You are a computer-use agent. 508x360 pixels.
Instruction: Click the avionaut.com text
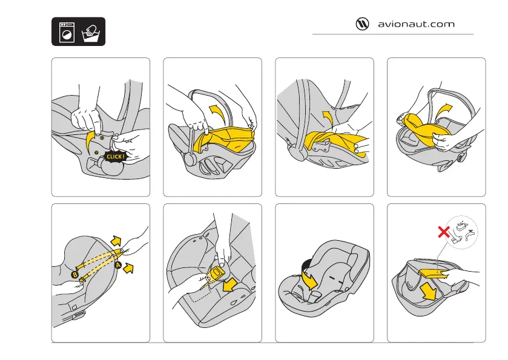coord(416,25)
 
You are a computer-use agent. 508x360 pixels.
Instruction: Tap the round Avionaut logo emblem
coord(362,25)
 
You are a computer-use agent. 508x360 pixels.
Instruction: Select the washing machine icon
coord(65,32)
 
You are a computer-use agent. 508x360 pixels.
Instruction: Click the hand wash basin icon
coord(90,32)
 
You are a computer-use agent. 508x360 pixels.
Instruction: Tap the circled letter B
coord(74,275)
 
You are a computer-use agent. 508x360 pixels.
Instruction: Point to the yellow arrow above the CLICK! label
coord(93,141)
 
